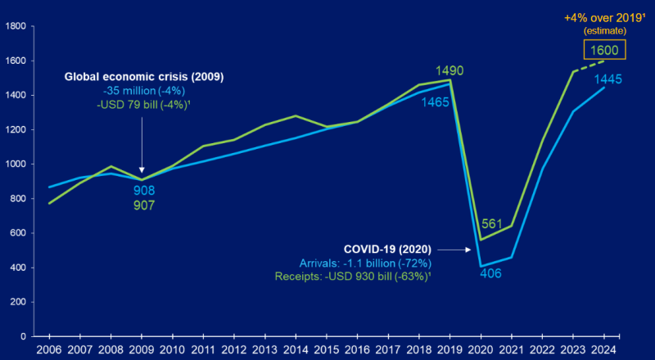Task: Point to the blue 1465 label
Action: tap(436, 102)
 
